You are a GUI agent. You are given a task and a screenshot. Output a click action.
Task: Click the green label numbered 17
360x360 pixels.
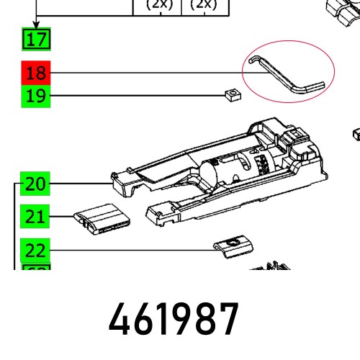35,39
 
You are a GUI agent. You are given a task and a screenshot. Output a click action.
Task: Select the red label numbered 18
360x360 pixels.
35,73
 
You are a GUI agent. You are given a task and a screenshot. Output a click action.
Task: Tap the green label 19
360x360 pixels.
35,96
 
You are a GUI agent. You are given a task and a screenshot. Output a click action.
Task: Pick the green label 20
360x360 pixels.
35,184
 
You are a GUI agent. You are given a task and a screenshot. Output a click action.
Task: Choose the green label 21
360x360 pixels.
35,216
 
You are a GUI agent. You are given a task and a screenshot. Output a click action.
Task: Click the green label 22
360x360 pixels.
35,250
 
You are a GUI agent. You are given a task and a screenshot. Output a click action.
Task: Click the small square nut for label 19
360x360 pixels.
230,94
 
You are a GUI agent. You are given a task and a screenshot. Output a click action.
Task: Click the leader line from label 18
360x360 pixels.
144,73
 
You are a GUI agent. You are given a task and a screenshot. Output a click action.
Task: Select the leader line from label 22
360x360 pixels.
130,250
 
